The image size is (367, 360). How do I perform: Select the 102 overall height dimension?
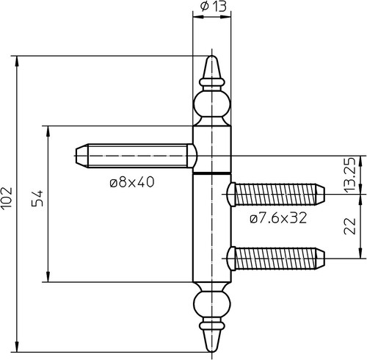click(x=7, y=198)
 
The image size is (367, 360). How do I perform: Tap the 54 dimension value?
click(x=37, y=198)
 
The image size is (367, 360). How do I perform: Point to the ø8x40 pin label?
click(x=132, y=182)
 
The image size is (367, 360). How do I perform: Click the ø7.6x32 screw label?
click(x=278, y=217)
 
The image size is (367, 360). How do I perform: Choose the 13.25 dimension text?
click(x=350, y=174)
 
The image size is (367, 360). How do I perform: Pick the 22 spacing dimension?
click(x=350, y=226)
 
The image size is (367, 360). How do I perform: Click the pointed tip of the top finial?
click(x=212, y=57)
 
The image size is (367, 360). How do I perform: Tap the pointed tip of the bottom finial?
click(x=212, y=352)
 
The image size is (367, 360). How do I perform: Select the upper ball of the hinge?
click(x=212, y=105)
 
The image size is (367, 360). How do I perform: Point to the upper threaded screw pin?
click(x=276, y=194)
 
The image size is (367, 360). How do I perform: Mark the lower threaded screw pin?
click(x=276, y=259)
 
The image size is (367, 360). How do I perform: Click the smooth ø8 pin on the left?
click(x=135, y=156)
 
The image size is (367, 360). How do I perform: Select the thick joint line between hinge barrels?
click(x=212, y=173)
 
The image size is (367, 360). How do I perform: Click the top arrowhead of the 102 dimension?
click(x=17, y=61)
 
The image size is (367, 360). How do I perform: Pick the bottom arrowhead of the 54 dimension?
click(x=48, y=277)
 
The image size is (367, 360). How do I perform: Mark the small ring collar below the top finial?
click(x=212, y=82)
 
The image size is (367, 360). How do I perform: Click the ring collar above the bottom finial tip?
click(x=212, y=325)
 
